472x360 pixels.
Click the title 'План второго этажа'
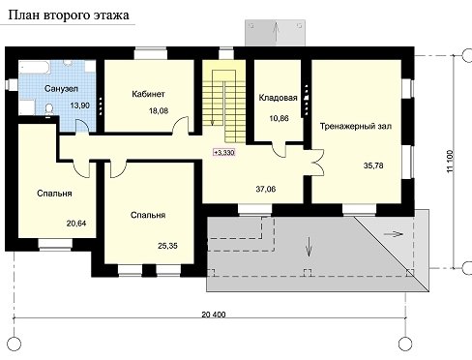[68, 15]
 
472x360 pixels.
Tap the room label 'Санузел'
[61, 88]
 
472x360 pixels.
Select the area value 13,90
[80, 105]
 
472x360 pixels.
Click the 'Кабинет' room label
[148, 94]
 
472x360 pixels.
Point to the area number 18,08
[159, 111]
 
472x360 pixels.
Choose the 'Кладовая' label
[278, 98]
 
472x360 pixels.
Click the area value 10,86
[279, 118]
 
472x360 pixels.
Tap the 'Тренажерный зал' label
[356, 126]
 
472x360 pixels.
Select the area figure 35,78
[373, 165]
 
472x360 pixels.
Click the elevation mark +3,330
[224, 152]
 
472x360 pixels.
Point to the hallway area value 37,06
[266, 189]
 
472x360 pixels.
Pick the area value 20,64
[76, 224]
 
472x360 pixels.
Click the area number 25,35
[167, 246]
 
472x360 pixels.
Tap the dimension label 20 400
[214, 315]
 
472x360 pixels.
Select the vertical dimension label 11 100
[451, 162]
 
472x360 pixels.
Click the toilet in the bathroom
[49, 109]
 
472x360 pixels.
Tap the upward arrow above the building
[276, 32]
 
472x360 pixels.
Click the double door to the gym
[317, 163]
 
